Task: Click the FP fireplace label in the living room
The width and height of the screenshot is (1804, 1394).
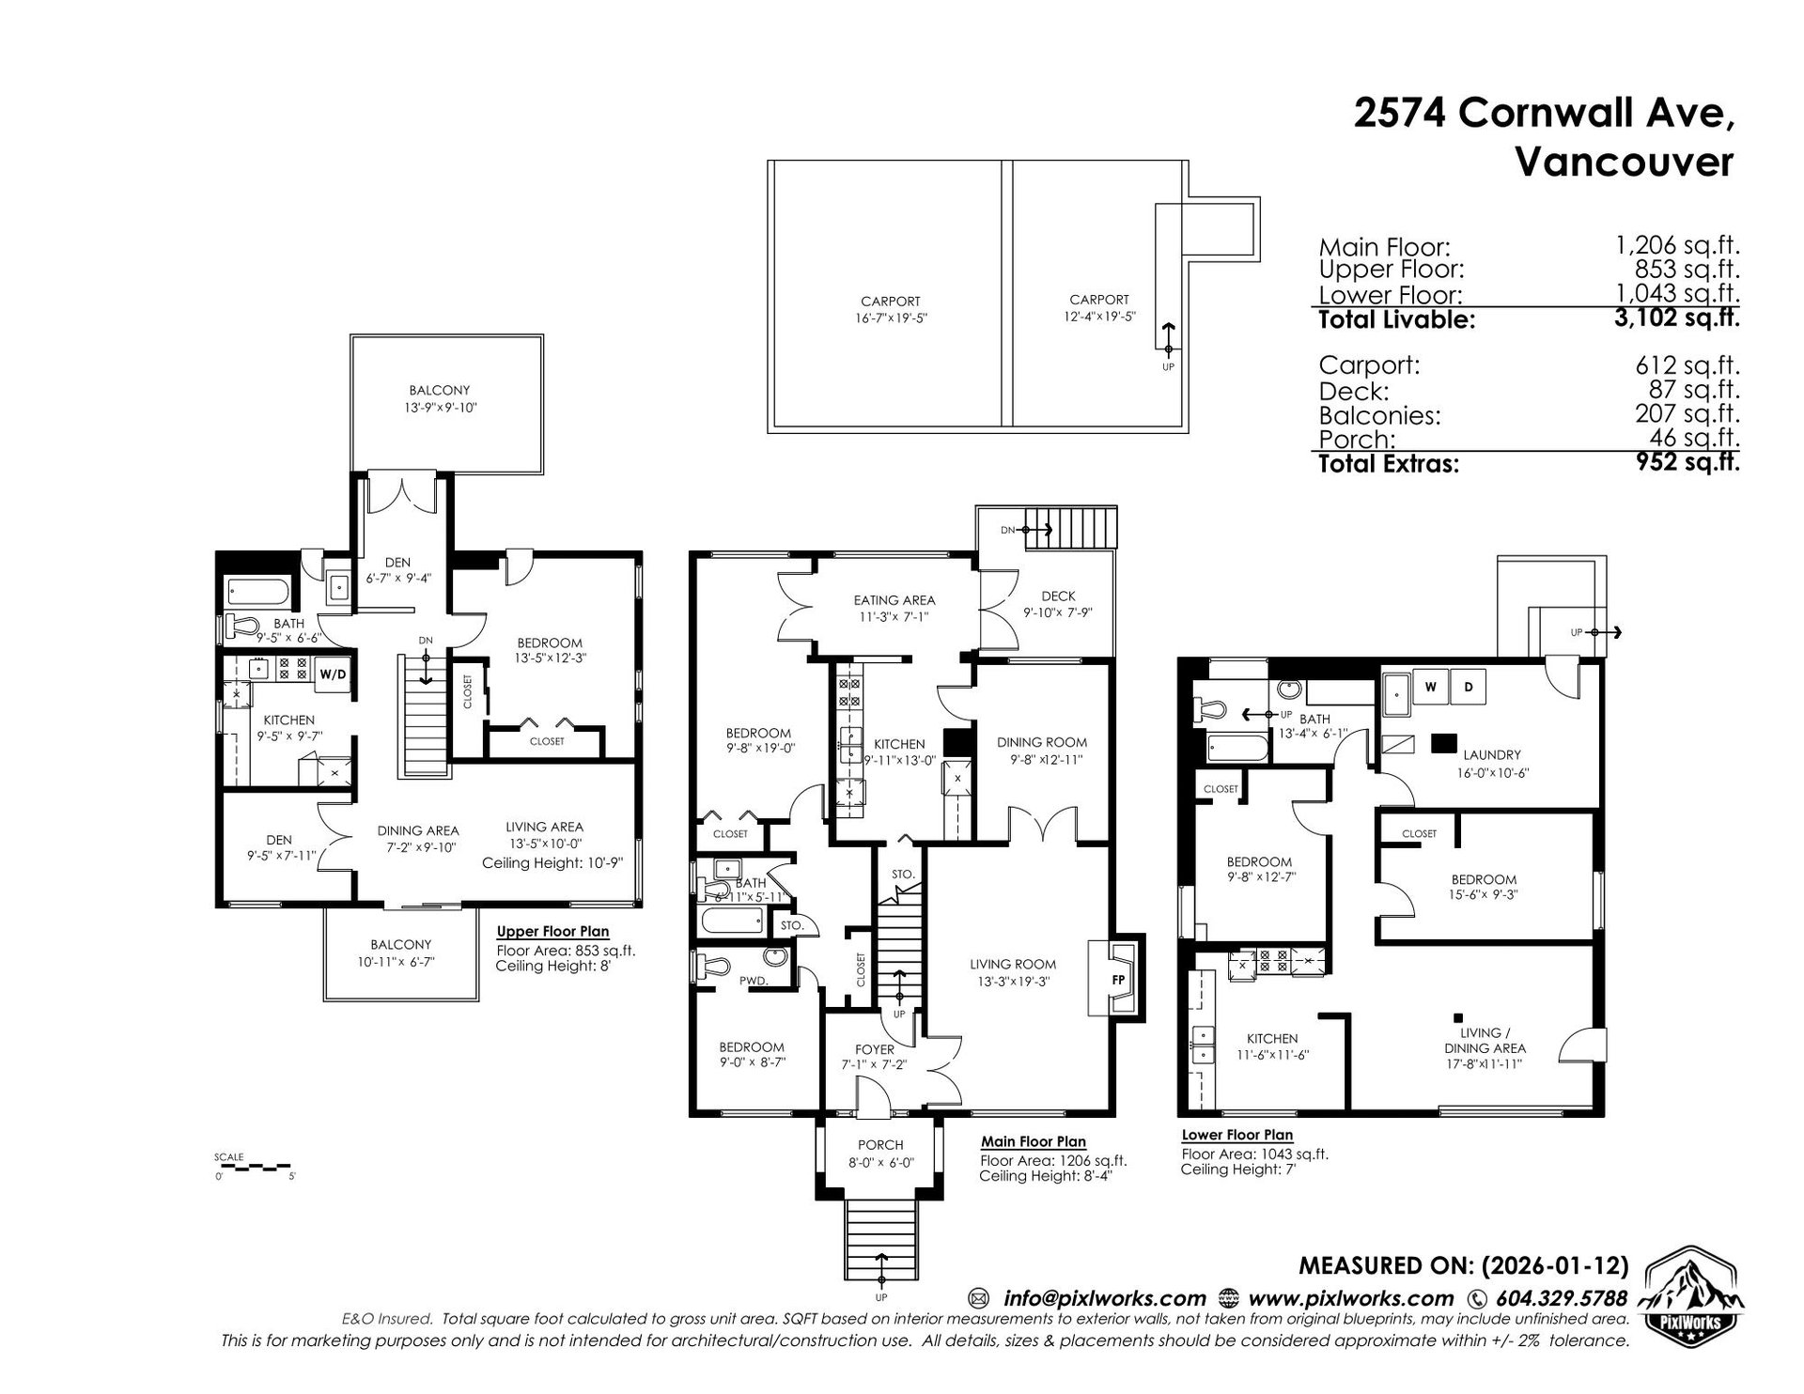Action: click(x=1118, y=980)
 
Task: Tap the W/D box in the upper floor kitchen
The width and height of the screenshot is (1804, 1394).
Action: click(x=332, y=674)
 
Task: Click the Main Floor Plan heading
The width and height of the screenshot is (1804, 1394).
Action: click(x=1034, y=1142)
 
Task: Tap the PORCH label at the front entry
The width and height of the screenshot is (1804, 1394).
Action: click(x=880, y=1145)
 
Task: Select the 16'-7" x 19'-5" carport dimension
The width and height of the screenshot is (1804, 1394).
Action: click(x=890, y=318)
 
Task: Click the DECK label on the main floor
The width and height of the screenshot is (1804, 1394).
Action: click(x=1058, y=596)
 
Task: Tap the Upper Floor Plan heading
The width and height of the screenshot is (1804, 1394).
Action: click(x=552, y=932)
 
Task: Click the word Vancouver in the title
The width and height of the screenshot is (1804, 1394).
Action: click(x=1625, y=163)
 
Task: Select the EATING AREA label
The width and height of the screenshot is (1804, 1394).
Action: click(x=894, y=600)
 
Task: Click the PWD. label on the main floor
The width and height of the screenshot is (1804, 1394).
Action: click(x=754, y=981)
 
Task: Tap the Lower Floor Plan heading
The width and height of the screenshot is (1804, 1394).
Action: click(x=1237, y=1135)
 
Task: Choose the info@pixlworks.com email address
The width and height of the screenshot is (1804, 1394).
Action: click(x=1104, y=1299)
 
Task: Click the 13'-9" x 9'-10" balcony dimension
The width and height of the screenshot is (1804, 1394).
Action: click(x=439, y=408)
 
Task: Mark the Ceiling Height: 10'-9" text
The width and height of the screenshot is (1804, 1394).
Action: click(x=552, y=862)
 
